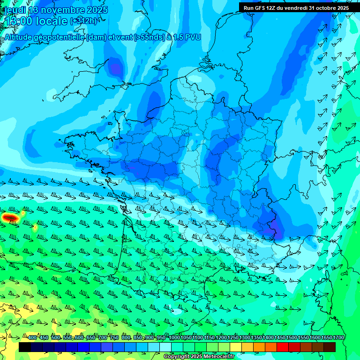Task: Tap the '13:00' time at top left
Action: (18, 21)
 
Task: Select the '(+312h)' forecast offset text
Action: (83, 21)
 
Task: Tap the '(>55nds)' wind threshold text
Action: (151, 37)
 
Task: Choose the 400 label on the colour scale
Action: (32, 338)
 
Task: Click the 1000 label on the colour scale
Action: (174, 338)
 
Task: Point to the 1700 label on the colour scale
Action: (338, 338)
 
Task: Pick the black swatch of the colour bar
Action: (25, 347)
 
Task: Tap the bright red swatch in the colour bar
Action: (283, 347)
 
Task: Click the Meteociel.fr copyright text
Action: (218, 357)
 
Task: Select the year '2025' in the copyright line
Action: (197, 357)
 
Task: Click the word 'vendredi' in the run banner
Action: (300, 8)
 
